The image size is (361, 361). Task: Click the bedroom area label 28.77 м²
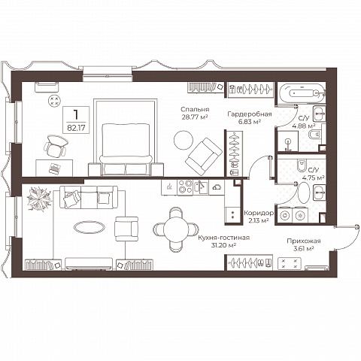click(195, 117)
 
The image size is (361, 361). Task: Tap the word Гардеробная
click(250, 114)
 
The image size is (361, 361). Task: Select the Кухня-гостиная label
click(223, 238)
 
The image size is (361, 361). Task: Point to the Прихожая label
click(304, 241)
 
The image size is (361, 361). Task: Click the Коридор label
click(259, 214)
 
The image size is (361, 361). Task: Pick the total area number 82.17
click(76, 128)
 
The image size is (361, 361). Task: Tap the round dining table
click(176, 229)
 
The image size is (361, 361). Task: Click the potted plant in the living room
click(39, 199)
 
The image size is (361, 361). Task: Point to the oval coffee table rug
click(89, 227)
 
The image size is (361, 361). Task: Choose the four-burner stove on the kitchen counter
click(185, 187)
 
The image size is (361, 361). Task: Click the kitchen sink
click(201, 187)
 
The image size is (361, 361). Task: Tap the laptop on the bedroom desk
click(55, 168)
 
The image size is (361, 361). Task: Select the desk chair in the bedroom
click(56, 146)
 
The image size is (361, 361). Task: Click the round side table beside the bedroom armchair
click(184, 140)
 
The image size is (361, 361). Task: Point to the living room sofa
click(89, 197)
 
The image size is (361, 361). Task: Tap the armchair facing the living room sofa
click(126, 229)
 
